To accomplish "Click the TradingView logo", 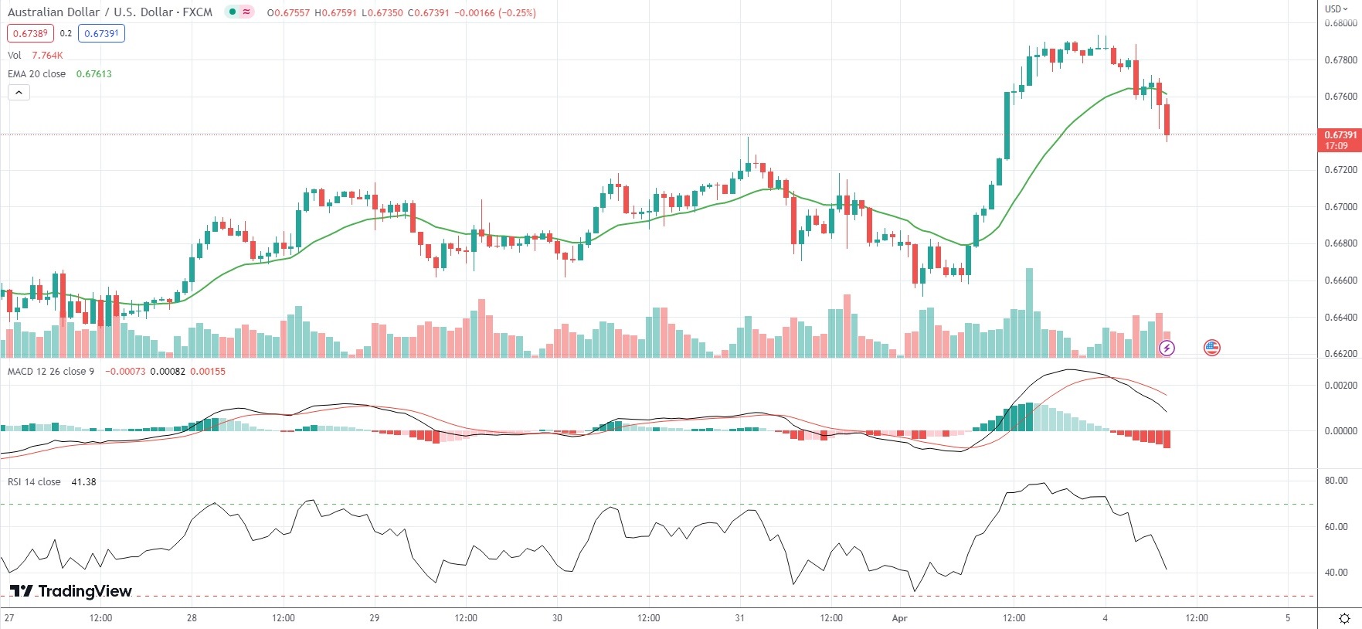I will (x=70, y=591).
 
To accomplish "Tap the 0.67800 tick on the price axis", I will (x=1340, y=60).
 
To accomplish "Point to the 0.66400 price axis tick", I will (x=1340, y=318).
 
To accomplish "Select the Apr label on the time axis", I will (x=899, y=618).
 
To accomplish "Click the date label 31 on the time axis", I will (x=739, y=618).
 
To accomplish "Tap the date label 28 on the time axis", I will (x=192, y=618).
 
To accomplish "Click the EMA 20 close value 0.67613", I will (x=93, y=74).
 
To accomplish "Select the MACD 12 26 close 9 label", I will (x=51, y=372).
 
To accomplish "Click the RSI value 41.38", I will (x=83, y=482).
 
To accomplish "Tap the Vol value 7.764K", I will (x=47, y=56).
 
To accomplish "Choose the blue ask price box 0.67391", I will (x=101, y=33).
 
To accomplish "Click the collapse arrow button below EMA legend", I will (x=19, y=93).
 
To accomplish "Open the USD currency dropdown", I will (x=1336, y=8).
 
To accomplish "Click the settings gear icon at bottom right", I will (x=1345, y=618).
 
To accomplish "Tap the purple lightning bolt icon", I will (x=1167, y=348).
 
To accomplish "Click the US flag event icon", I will (x=1212, y=348).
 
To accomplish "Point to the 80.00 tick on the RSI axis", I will (x=1336, y=481).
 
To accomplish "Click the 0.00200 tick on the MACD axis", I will (x=1340, y=386).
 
